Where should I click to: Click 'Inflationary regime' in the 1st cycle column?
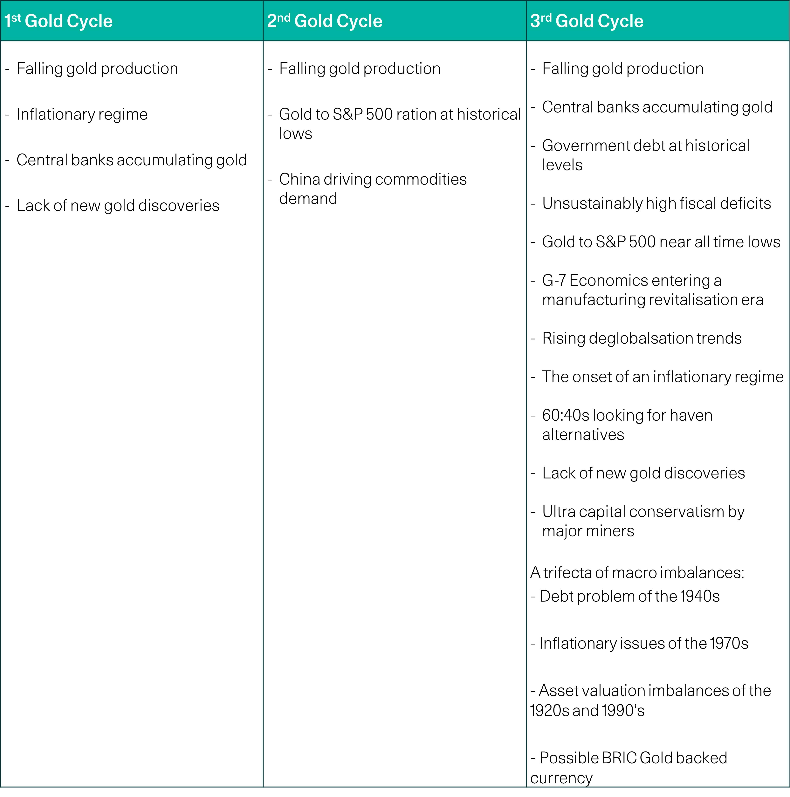tap(82, 114)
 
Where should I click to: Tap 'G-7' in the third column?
tap(554, 281)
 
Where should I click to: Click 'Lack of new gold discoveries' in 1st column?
tap(118, 205)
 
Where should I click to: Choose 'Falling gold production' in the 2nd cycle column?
tap(360, 68)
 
